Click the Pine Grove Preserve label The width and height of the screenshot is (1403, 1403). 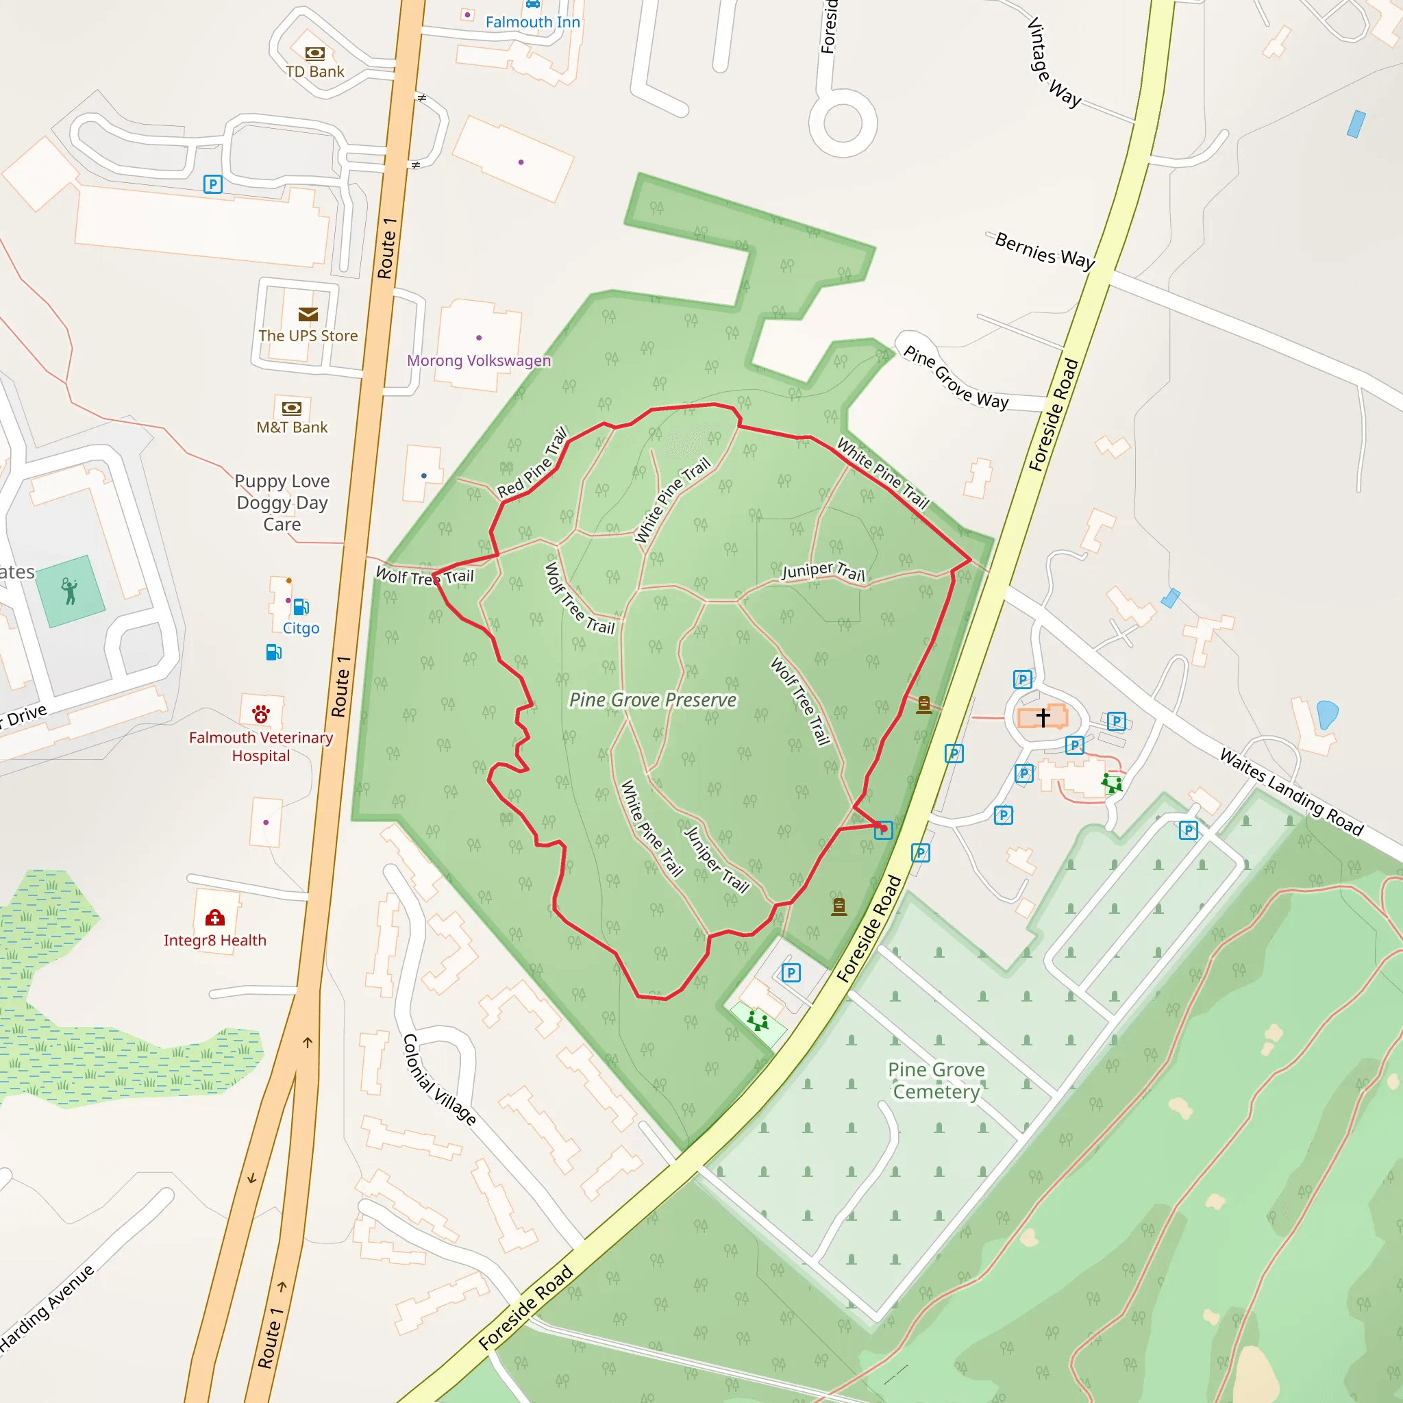(x=652, y=700)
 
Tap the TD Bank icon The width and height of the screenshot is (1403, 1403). (x=314, y=53)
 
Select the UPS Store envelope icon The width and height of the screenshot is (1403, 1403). (x=308, y=314)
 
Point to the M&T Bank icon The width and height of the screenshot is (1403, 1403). (x=292, y=408)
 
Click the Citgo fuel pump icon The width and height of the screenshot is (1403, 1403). (x=301, y=606)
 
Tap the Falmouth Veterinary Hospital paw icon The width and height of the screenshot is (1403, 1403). (x=262, y=715)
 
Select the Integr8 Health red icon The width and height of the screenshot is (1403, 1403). (x=215, y=918)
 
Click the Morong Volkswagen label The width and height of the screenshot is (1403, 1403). (x=479, y=360)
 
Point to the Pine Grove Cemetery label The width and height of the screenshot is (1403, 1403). (x=936, y=1080)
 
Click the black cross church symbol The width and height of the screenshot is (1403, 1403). (x=1043, y=717)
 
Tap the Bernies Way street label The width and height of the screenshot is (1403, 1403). (x=1044, y=251)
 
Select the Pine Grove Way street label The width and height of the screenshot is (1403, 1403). (x=956, y=377)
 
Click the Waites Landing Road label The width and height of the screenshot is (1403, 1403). (x=1291, y=791)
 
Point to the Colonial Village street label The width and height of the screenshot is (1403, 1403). (x=439, y=1079)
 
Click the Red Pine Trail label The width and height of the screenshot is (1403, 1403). (x=532, y=462)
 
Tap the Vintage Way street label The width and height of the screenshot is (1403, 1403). (x=1053, y=62)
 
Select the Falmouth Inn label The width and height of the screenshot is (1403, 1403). (x=532, y=23)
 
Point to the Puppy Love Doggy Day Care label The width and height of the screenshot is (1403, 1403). (x=282, y=503)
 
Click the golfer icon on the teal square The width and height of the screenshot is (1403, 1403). (x=70, y=591)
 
